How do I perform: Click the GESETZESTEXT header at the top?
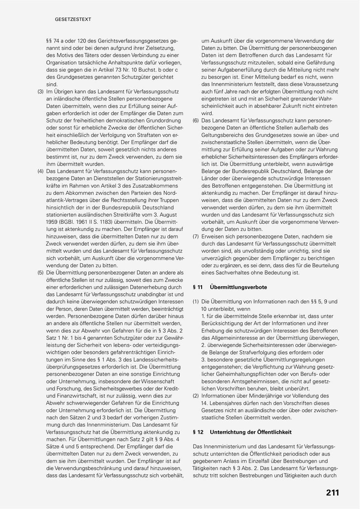click(73, 19)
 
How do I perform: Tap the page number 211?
click(332, 493)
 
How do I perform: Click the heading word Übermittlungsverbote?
click(238, 287)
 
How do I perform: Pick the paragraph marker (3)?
click(41, 92)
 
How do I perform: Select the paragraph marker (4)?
click(41, 171)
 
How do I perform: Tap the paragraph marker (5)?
click(41, 273)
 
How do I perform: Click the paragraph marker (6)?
click(196, 120)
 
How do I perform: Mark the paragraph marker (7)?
click(196, 236)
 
